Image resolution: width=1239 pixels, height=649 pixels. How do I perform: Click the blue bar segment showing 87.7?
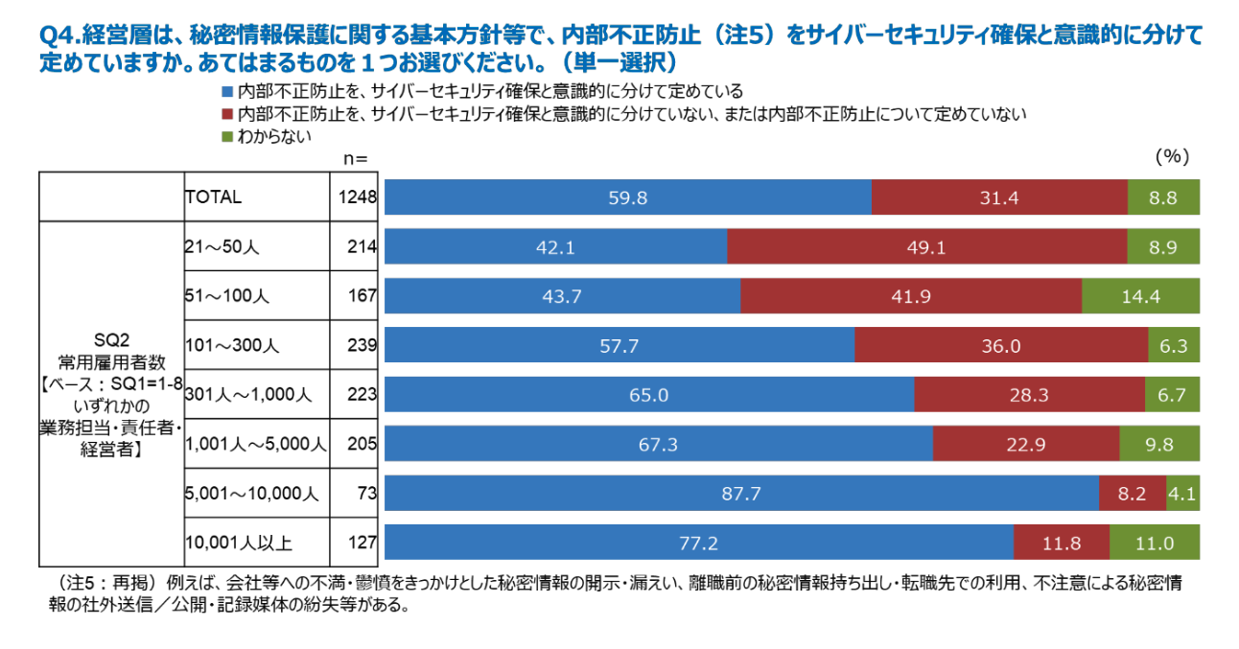click(741, 494)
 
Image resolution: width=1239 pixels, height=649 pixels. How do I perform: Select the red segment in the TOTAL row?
click(999, 197)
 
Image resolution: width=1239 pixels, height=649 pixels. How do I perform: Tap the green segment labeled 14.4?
click(1140, 296)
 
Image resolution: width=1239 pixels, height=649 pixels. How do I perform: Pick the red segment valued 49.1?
click(926, 246)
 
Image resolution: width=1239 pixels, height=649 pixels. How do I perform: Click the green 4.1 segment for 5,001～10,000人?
click(1182, 494)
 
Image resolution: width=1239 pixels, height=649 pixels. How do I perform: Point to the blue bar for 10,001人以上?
click(698, 543)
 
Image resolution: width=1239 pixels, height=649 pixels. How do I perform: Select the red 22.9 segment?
click(1025, 444)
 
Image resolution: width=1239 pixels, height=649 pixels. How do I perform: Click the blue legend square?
click(227, 92)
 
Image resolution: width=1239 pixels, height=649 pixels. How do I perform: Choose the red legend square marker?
click(227, 114)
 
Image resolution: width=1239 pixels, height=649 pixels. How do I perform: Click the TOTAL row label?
click(214, 197)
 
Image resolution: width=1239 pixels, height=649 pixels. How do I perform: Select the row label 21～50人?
click(222, 246)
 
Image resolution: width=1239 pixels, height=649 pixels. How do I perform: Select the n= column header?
click(354, 157)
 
